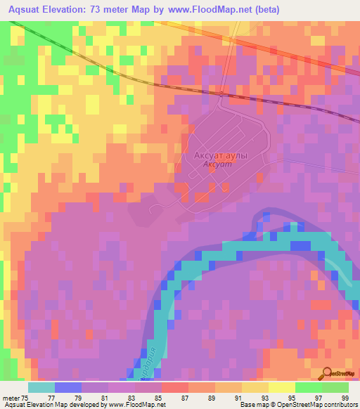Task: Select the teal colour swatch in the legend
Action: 41,387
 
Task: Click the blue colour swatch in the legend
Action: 68,387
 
